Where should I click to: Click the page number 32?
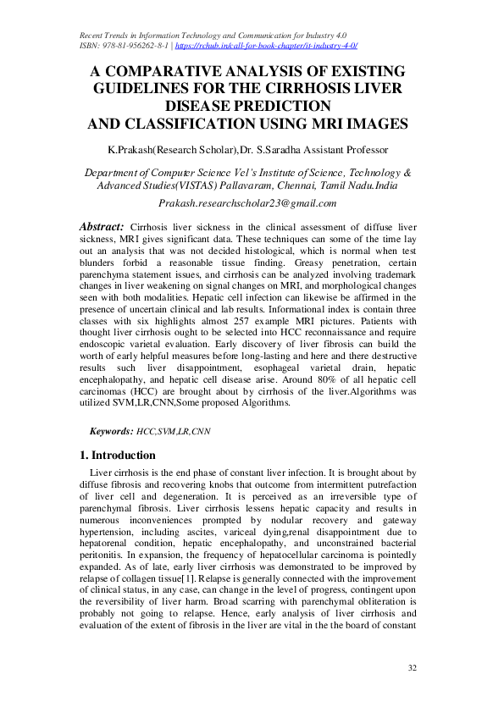413,669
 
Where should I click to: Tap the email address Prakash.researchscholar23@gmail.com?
247,204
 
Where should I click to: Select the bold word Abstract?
102,227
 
